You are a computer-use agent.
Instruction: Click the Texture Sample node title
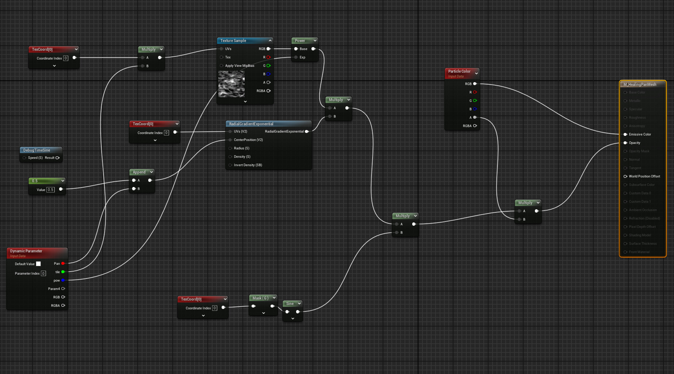coord(233,41)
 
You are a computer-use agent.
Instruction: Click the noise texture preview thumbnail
coord(231,84)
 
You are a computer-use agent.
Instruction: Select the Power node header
coord(300,41)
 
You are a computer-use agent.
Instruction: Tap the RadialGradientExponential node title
coord(251,124)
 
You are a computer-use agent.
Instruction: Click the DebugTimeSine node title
coord(37,150)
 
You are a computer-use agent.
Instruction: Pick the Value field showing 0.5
coord(50,190)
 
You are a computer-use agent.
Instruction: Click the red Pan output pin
coord(63,263)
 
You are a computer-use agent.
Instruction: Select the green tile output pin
coord(63,272)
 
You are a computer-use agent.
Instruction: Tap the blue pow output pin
coord(63,280)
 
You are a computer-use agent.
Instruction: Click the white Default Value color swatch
coord(38,264)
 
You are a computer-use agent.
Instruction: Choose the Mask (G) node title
coord(260,298)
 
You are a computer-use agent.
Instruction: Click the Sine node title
coord(290,304)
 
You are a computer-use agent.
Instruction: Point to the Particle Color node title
coord(459,71)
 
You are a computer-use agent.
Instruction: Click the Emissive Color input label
coord(640,134)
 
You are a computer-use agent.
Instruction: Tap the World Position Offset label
coord(644,176)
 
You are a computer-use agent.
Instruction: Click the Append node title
coord(139,172)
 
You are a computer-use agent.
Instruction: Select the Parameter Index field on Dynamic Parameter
coord(43,274)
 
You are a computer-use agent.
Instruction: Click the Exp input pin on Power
coord(296,57)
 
